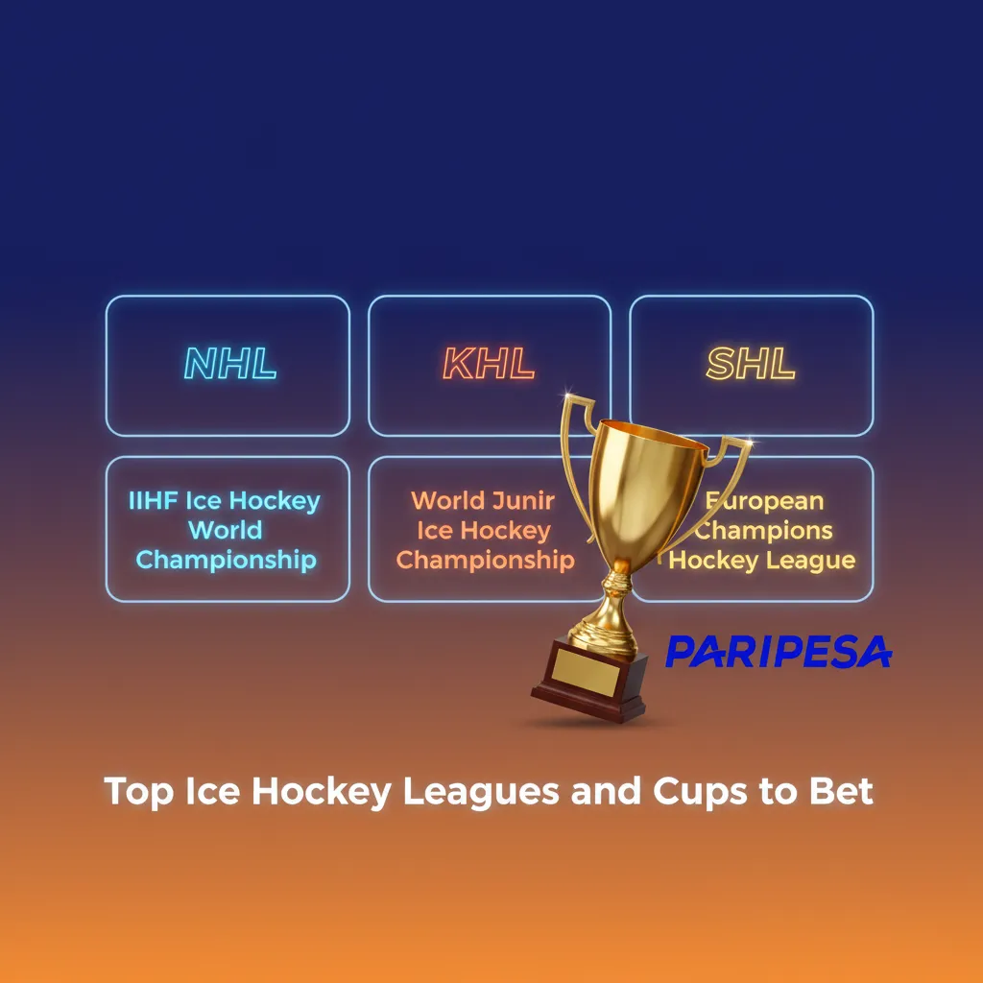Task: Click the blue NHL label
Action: (x=229, y=364)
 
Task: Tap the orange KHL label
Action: (x=489, y=364)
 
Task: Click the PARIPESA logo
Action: (x=778, y=651)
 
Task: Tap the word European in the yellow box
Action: (x=768, y=501)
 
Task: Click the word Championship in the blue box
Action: (x=227, y=560)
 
